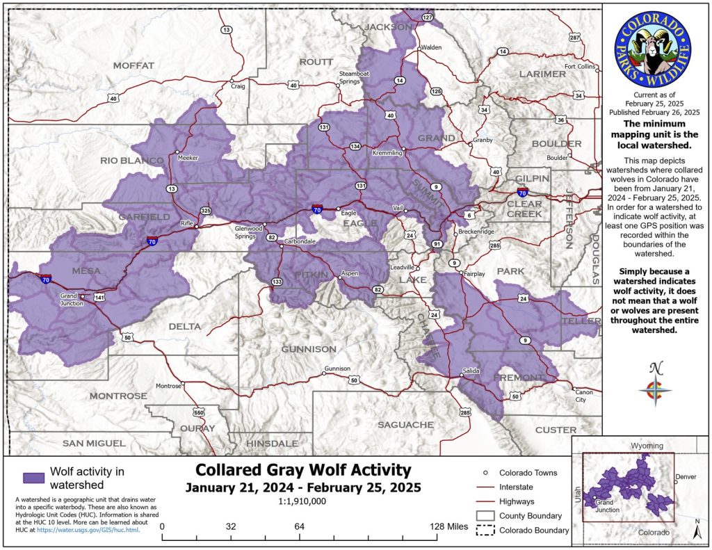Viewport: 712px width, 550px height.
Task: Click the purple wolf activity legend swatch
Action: coord(33,478)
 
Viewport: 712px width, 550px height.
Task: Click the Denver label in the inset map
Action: coord(686,477)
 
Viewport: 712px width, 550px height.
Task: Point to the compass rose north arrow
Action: coord(654,387)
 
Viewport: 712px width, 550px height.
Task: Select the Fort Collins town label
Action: coord(580,67)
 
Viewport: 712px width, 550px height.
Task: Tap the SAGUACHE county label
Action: coord(405,424)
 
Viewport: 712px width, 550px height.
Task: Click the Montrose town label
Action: coord(168,386)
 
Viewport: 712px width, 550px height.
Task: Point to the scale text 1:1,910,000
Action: coord(303,501)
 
